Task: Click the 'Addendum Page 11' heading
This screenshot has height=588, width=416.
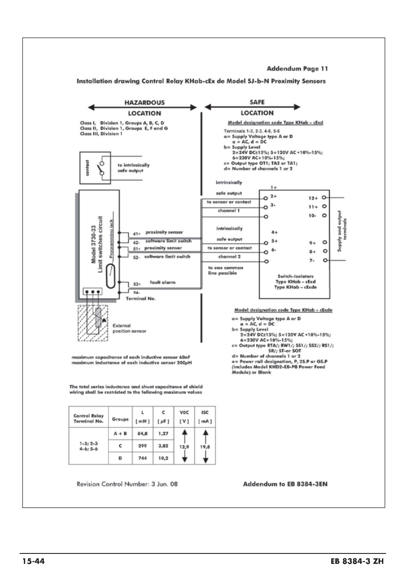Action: pyautogui.click(x=297, y=69)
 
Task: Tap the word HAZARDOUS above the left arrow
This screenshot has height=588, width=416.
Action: pyautogui.click(x=144, y=103)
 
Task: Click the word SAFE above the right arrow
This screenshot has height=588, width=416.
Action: pyautogui.click(x=257, y=102)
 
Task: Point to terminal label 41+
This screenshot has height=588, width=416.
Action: pyautogui.click(x=137, y=234)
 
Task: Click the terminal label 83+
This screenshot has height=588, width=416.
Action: pyautogui.click(x=137, y=284)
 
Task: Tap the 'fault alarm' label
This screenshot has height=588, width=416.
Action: pyautogui.click(x=162, y=282)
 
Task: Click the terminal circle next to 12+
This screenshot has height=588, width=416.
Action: pyautogui.click(x=324, y=197)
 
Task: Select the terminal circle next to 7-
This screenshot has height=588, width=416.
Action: pyautogui.click(x=325, y=260)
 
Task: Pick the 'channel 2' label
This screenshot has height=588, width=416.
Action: pyautogui.click(x=229, y=256)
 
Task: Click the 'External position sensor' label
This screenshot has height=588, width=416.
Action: pyautogui.click(x=129, y=328)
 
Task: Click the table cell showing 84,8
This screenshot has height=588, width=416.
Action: pyautogui.click(x=142, y=434)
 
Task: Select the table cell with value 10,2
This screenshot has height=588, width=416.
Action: pyautogui.click(x=163, y=458)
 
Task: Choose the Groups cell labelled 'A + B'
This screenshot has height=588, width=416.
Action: pyautogui.click(x=120, y=434)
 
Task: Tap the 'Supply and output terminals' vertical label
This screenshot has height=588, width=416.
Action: pyautogui.click(x=342, y=231)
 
